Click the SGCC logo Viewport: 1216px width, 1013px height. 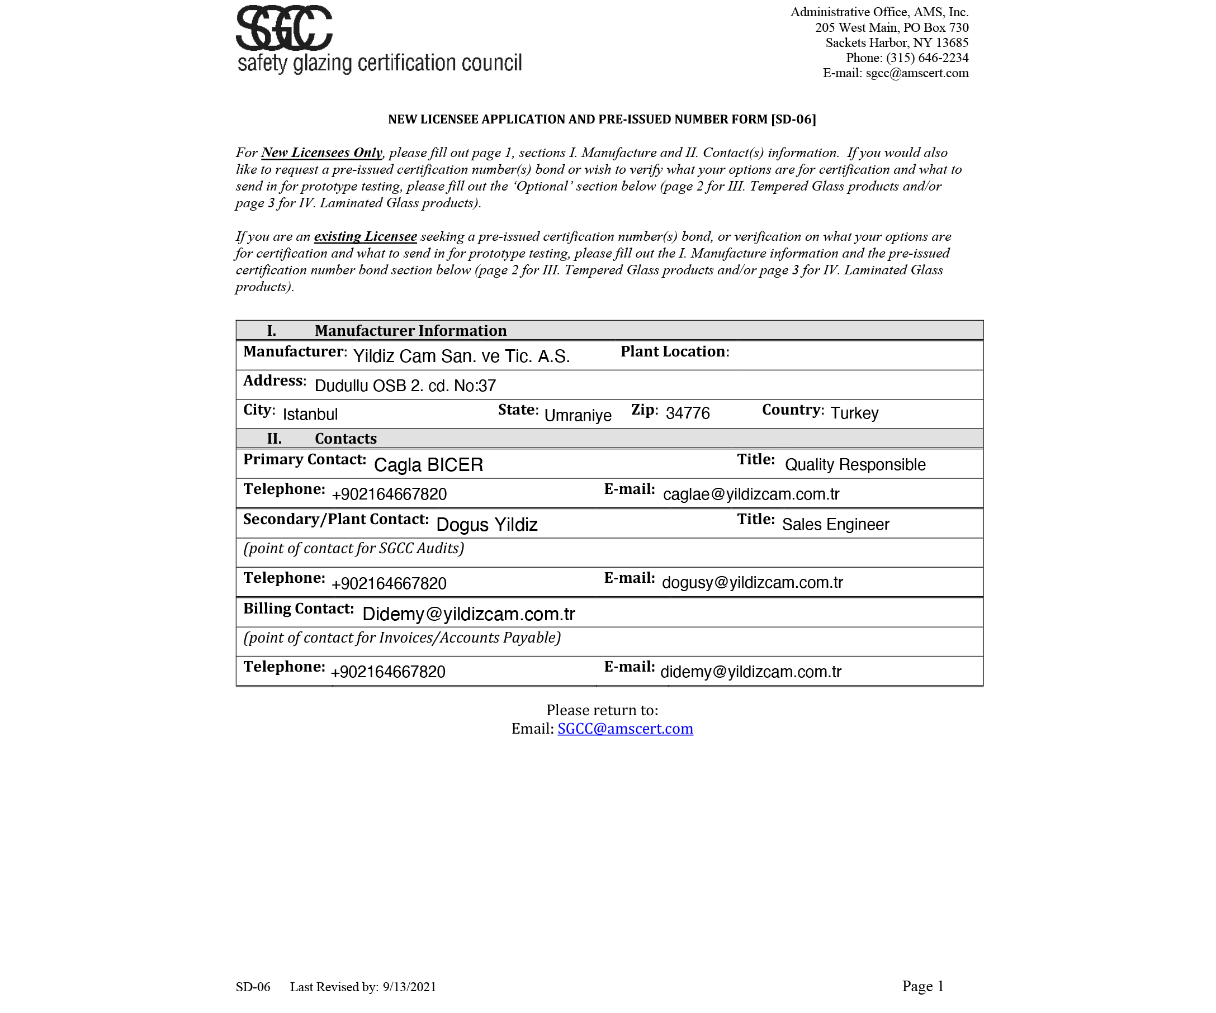(284, 28)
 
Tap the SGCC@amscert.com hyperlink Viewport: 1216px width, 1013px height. (625, 728)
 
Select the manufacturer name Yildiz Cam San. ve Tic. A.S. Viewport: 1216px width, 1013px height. (461, 356)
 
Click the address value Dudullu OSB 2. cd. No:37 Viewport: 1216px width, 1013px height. (405, 386)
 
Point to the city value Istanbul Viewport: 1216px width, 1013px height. (310, 415)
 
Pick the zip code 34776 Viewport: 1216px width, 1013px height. (687, 413)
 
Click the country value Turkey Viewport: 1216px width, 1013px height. (854, 413)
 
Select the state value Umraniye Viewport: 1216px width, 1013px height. (578, 415)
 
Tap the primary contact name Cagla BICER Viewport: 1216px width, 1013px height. (428, 465)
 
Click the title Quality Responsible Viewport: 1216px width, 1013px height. (855, 465)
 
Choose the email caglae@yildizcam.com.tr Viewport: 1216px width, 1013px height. (751, 494)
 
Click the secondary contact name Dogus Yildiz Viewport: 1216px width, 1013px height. (486, 525)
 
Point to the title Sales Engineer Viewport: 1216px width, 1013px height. (835, 525)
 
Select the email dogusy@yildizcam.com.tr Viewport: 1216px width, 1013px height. (752, 582)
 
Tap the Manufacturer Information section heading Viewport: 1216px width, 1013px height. (410, 331)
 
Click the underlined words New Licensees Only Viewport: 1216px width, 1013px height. (321, 153)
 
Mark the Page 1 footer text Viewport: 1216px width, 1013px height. (922, 986)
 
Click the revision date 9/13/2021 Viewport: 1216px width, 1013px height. (409, 987)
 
